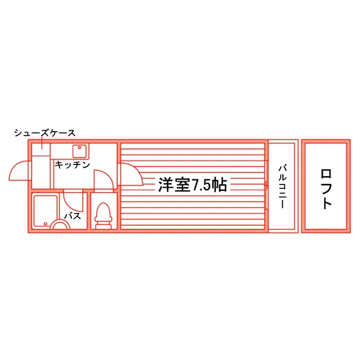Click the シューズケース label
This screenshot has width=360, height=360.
click(x=45, y=133)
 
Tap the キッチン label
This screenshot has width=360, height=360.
click(x=72, y=165)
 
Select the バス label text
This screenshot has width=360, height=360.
click(x=73, y=216)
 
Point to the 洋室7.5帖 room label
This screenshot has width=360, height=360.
click(x=193, y=185)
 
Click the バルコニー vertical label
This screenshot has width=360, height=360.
click(x=283, y=186)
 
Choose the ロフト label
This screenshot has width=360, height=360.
click(x=326, y=189)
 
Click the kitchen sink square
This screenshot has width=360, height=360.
click(x=80, y=151)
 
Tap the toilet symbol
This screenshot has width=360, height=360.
click(x=104, y=216)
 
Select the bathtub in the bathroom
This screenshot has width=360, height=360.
click(x=46, y=211)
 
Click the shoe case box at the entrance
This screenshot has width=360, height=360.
click(x=41, y=149)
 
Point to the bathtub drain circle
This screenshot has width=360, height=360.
click(x=46, y=224)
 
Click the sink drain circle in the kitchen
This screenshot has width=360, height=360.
click(x=80, y=148)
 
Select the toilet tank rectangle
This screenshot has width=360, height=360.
click(x=104, y=227)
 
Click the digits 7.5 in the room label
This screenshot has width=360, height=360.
click(x=201, y=185)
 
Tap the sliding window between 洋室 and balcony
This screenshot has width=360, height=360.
click(x=266, y=185)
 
